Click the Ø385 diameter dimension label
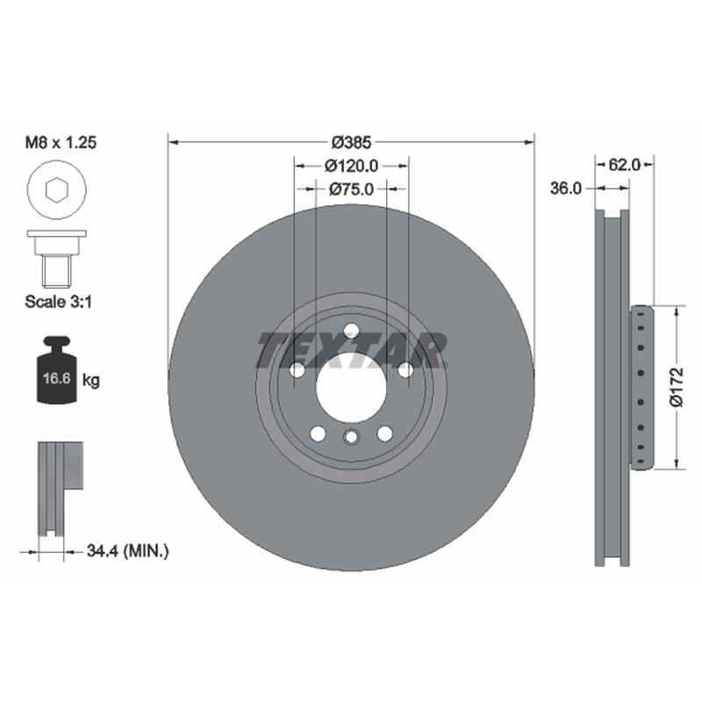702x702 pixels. (352, 142)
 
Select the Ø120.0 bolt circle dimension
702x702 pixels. (352, 166)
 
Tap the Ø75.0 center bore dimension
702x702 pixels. (352, 190)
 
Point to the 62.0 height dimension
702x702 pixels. (625, 165)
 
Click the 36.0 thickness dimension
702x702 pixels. (566, 189)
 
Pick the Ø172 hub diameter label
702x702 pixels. (677, 387)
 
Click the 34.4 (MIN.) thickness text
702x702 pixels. (127, 551)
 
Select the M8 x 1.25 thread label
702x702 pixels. (61, 142)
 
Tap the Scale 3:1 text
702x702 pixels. (58, 302)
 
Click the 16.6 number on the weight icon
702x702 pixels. (57, 378)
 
